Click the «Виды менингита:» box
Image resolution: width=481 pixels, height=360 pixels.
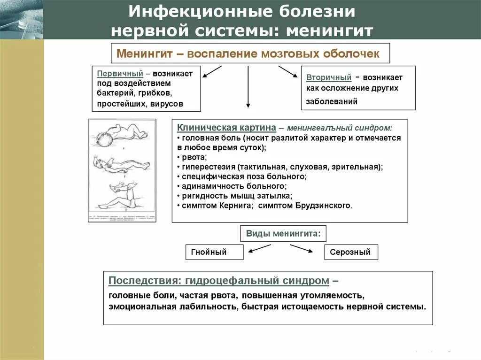[283, 233]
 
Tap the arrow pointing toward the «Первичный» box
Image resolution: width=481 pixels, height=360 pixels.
[212, 71]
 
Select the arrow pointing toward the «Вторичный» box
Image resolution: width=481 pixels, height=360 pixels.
[287, 72]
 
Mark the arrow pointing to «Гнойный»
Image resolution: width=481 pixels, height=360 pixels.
[257, 249]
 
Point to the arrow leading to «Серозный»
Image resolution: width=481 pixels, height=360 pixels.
[302, 249]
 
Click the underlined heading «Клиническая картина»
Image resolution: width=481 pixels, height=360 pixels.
[226, 128]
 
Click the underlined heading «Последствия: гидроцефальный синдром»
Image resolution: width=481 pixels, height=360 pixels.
[219, 281]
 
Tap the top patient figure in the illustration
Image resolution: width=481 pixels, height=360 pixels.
[122, 134]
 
